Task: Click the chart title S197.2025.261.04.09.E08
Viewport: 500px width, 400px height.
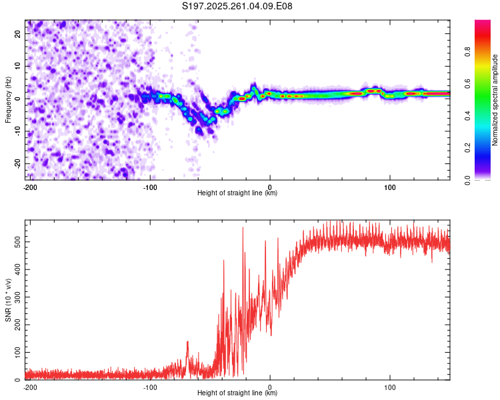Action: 237,6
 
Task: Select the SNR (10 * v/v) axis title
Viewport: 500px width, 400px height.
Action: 8,300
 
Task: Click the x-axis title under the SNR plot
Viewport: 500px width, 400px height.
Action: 237,393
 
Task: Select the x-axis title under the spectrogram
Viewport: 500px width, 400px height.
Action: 237,193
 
